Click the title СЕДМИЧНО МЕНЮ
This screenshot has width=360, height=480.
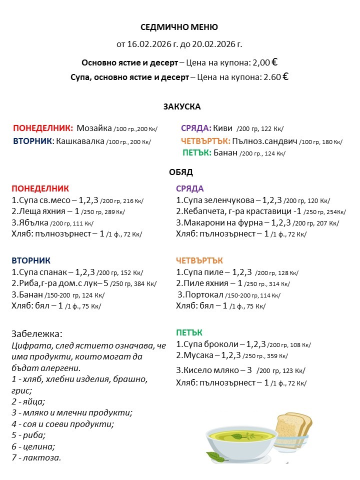(179, 27)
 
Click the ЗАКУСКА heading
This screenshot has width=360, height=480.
(181, 106)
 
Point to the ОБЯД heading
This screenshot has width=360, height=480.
(181, 172)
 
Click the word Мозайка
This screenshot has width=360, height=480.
(94, 128)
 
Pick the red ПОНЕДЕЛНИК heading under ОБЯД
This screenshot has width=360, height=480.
(40, 188)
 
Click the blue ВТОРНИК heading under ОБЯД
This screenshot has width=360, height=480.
(31, 260)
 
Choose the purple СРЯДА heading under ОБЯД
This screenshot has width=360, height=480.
(189, 188)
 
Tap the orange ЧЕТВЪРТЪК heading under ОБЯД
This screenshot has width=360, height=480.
(199, 260)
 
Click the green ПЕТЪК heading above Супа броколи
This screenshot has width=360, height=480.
(189, 333)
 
